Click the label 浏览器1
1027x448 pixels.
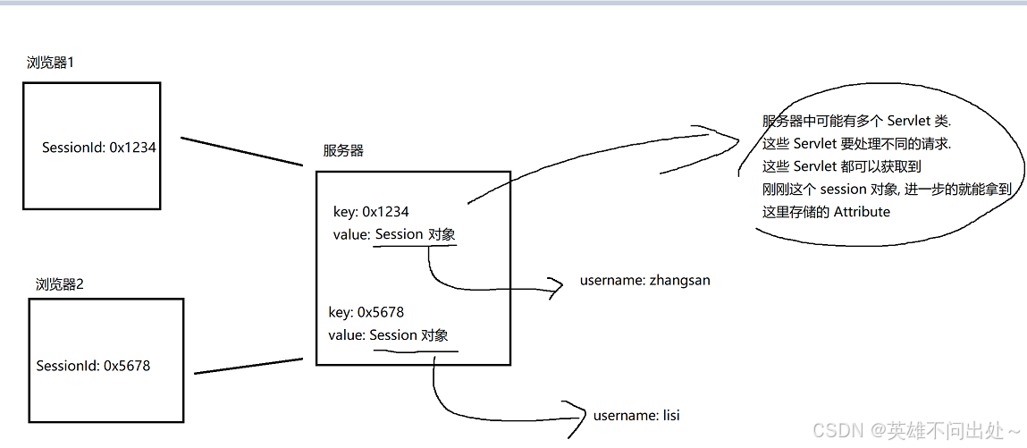55,63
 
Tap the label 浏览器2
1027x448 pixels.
59,284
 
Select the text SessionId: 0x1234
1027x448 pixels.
98,148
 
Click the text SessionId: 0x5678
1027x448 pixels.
93,366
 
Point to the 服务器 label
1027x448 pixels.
343,151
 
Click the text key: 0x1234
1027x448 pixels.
370,213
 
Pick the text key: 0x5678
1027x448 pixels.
366,312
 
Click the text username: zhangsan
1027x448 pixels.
644,281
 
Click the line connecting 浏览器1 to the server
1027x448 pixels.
242,152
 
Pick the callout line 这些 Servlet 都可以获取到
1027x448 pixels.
841,166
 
